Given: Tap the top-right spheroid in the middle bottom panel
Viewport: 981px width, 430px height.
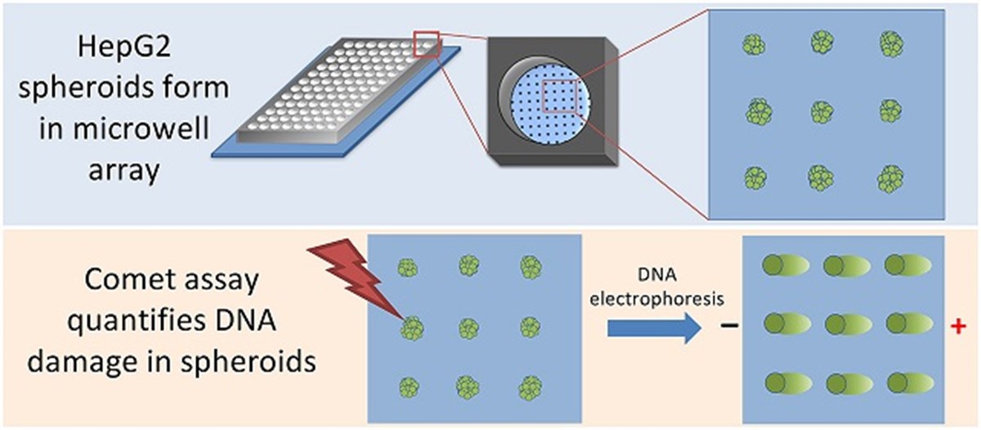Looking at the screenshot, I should point(526,266).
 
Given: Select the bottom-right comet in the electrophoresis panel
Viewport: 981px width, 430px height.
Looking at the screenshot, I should point(910,382).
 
